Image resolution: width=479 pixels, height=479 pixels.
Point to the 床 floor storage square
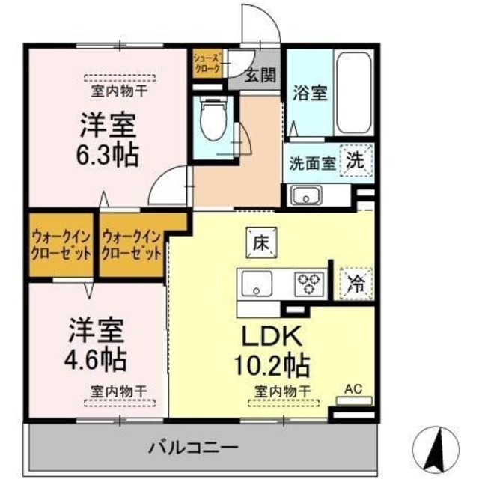coord(260,242)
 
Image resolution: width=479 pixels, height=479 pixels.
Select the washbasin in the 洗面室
coord(305,197)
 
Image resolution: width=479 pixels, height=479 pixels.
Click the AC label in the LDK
coord(353,389)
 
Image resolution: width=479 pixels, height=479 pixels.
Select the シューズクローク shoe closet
coord(207,64)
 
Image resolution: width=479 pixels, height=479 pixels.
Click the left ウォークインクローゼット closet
coord(61,245)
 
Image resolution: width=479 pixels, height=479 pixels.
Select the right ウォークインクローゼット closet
coord(132,245)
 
